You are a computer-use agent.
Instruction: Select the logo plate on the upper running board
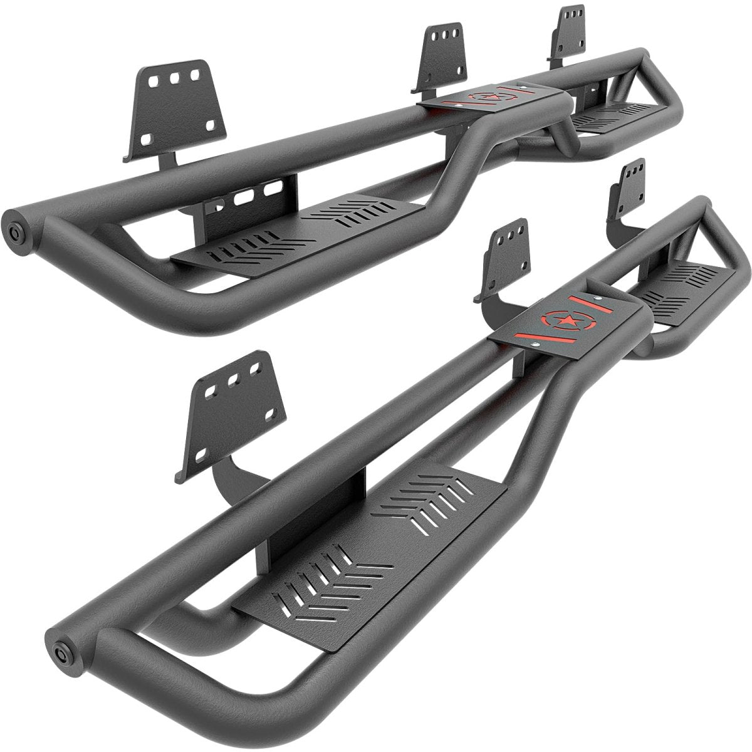point(489,100)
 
